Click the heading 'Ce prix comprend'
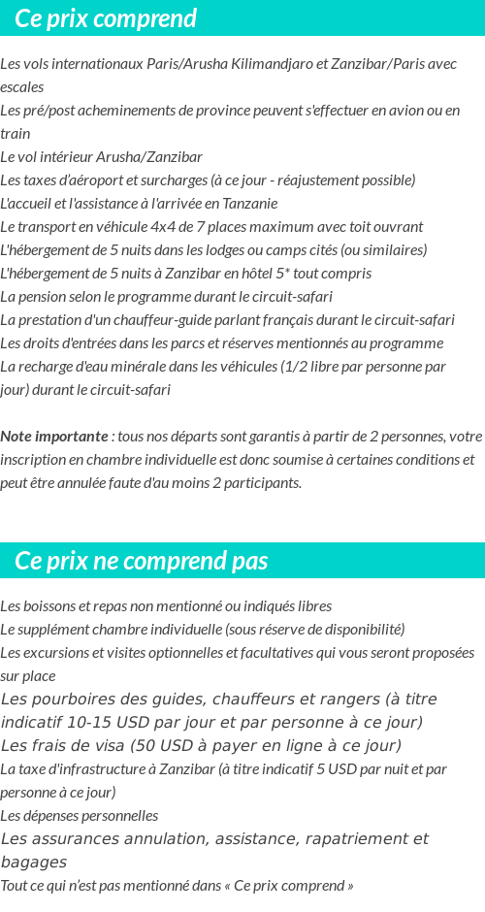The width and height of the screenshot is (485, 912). click(x=106, y=18)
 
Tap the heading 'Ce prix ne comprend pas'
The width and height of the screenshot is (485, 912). click(x=142, y=561)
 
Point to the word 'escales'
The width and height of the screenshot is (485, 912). click(x=21, y=87)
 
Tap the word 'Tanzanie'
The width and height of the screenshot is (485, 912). click(x=248, y=204)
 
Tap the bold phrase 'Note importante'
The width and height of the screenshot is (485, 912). click(x=54, y=437)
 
